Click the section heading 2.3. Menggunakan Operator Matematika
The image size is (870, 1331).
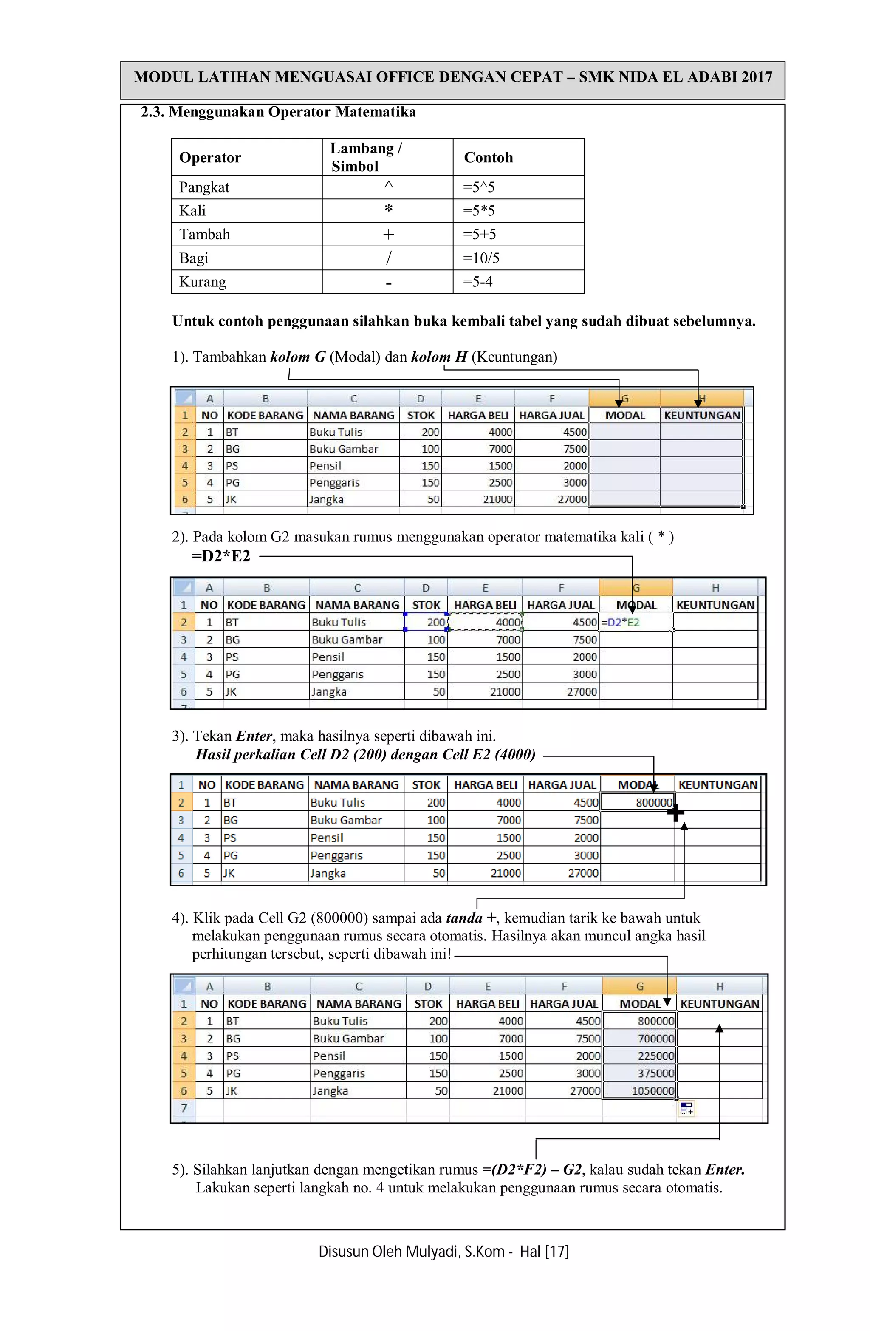[x=278, y=113]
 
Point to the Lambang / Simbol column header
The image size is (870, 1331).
[x=366, y=157]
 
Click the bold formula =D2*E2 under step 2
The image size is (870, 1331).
[x=221, y=556]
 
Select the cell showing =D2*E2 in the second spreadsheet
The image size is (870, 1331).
[x=620, y=623]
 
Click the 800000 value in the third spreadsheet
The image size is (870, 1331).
[x=653, y=802]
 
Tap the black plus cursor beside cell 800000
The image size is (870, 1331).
[x=675, y=813]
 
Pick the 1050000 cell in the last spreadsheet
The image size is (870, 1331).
[x=652, y=1090]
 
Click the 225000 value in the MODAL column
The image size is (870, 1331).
[x=655, y=1056]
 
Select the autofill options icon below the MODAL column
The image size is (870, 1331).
[x=686, y=1108]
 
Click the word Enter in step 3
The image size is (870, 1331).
[x=254, y=736]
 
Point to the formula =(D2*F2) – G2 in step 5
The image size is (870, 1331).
[x=532, y=1170]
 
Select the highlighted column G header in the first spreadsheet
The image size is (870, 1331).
[x=624, y=399]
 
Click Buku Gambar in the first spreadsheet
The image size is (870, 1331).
[x=343, y=449]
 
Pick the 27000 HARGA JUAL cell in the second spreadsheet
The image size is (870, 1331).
[x=582, y=692]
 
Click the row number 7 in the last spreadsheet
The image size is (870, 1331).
[x=184, y=1108]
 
